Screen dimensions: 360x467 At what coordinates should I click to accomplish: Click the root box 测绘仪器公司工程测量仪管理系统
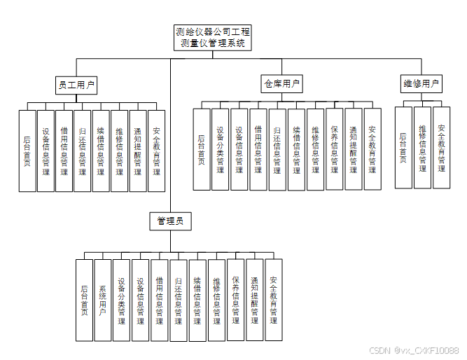(213, 38)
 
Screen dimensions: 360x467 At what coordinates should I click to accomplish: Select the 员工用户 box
(76, 85)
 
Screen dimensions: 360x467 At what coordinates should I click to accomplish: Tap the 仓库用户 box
(282, 85)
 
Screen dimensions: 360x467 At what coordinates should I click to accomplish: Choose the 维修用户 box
(421, 84)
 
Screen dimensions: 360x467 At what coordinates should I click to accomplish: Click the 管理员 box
(170, 221)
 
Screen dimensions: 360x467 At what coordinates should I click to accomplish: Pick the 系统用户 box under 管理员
(103, 300)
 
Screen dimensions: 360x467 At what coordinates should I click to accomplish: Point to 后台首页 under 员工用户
(27, 150)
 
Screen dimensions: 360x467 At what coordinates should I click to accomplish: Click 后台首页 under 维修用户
(403, 147)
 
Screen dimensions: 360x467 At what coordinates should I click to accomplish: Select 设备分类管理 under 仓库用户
(221, 148)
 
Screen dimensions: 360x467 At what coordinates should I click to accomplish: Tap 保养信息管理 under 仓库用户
(335, 148)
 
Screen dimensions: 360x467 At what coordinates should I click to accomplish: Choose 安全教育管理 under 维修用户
(441, 147)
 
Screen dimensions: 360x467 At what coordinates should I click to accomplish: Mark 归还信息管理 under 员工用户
(83, 150)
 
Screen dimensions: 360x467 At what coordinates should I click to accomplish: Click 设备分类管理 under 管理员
(122, 300)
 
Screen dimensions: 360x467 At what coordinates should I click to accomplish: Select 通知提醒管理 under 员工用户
(138, 150)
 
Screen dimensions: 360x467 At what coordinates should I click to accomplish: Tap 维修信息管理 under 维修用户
(422, 147)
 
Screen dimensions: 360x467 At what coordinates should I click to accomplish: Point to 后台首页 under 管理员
(84, 300)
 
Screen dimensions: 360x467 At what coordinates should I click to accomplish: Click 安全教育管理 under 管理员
(274, 300)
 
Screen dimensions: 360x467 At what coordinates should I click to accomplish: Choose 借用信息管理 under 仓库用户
(258, 148)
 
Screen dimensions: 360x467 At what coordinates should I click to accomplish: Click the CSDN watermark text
(414, 349)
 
